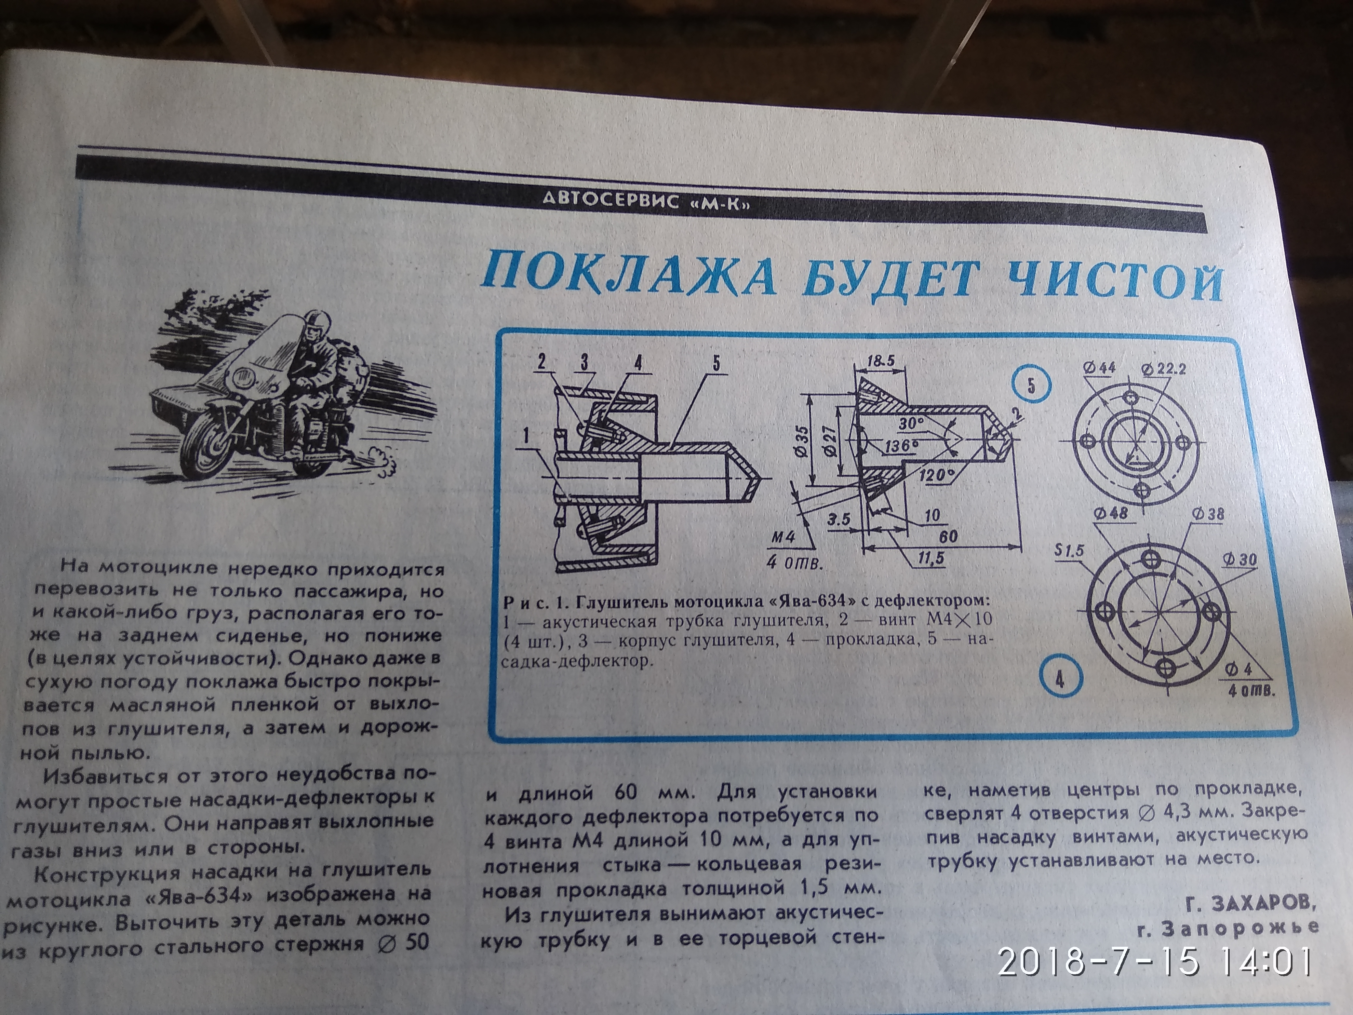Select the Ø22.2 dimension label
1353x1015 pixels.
coord(1164,369)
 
